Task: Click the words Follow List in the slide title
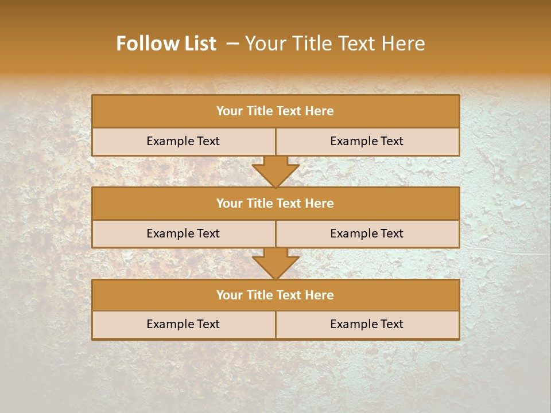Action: (x=166, y=44)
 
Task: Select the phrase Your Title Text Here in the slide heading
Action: (x=335, y=44)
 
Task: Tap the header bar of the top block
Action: (x=275, y=111)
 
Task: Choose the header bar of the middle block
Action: (x=275, y=203)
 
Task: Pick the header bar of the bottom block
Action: (x=275, y=295)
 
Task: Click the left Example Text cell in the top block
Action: (x=183, y=141)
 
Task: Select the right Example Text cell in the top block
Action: (x=367, y=141)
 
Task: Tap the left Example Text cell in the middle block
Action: (x=183, y=233)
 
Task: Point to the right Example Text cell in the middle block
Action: (x=367, y=233)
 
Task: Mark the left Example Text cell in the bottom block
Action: (x=183, y=324)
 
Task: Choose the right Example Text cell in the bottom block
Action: (x=367, y=324)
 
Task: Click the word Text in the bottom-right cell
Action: (x=392, y=324)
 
